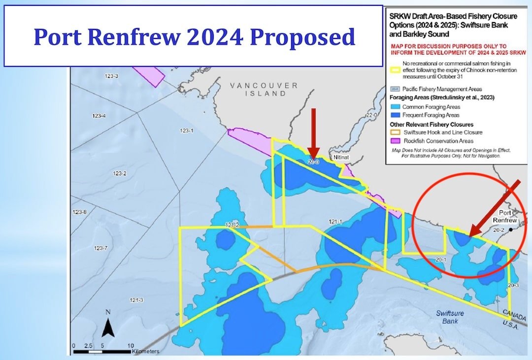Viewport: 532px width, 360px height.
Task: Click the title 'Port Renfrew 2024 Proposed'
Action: click(x=194, y=37)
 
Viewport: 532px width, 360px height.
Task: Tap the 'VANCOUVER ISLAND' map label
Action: click(x=264, y=89)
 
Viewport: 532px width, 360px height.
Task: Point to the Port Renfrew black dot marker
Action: click(x=512, y=229)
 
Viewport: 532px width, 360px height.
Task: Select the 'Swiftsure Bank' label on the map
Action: click(x=450, y=317)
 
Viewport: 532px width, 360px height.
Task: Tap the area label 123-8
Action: click(x=81, y=212)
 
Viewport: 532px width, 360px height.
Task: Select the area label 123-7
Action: click(x=101, y=248)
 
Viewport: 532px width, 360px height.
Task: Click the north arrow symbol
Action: click(x=108, y=325)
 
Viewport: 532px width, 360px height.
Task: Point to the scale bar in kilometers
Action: click(x=102, y=352)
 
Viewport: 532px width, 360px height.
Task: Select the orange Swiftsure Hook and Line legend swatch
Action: click(x=394, y=132)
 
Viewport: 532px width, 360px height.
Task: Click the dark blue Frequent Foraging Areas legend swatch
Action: click(x=394, y=115)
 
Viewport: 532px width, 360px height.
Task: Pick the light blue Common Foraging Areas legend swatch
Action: click(x=394, y=106)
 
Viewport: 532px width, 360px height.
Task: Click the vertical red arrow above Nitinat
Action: click(x=314, y=133)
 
